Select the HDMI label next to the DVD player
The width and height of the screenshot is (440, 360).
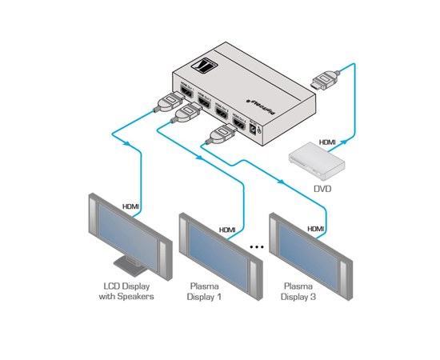click(x=327, y=142)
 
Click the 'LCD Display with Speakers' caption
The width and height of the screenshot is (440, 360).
click(x=129, y=291)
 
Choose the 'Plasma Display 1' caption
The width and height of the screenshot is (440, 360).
click(x=206, y=291)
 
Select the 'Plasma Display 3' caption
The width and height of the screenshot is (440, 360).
click(x=298, y=291)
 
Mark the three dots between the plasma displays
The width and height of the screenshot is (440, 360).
click(x=256, y=247)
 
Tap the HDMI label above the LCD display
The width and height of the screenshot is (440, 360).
click(x=130, y=206)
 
